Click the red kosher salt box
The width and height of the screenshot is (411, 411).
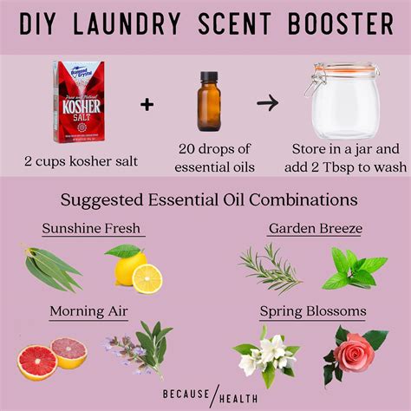[x=79, y=101]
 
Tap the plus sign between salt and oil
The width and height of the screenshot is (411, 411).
[x=147, y=105]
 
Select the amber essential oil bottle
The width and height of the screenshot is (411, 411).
[x=210, y=103]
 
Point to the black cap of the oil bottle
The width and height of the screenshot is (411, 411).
[x=210, y=79]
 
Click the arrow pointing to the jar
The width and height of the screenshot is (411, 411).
[x=268, y=103]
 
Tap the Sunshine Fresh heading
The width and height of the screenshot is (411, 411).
[x=92, y=229]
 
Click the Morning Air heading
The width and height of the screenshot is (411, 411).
[x=89, y=310]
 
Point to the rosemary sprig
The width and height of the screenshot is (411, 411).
[x=270, y=268]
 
